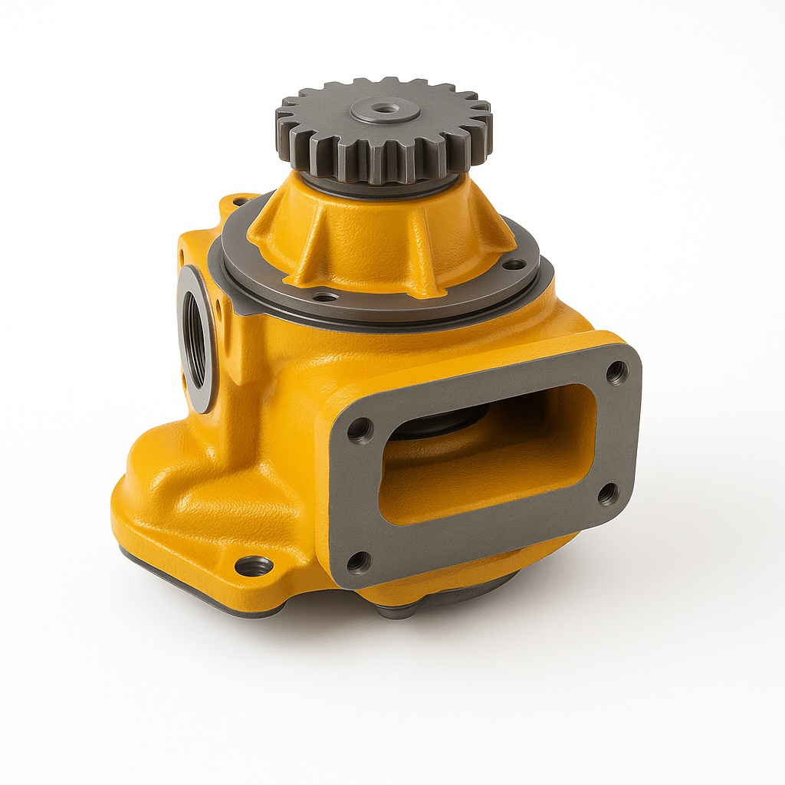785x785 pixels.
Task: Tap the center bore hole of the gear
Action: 386,109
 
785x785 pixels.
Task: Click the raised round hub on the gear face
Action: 386,112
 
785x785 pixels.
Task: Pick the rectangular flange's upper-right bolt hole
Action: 616,372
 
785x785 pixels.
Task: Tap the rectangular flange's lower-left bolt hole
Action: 358,563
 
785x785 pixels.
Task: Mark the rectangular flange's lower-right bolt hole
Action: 608,494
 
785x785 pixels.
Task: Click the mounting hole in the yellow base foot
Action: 254,567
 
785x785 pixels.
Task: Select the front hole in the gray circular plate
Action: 325,297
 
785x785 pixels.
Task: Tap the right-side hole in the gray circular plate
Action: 514,264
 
